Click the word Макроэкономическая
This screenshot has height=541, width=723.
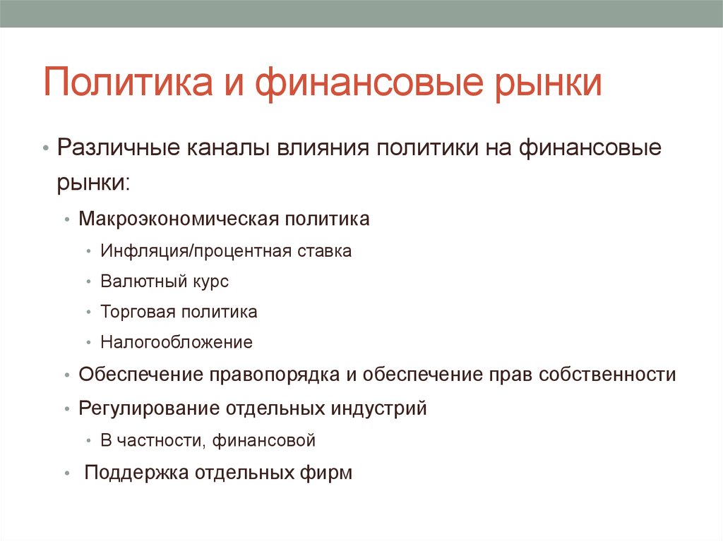click(x=177, y=219)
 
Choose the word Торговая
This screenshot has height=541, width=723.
click(x=138, y=312)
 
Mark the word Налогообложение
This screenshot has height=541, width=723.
click(x=176, y=343)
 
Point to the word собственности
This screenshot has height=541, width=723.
click(x=607, y=375)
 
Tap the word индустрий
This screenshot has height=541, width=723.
click(x=385, y=408)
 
